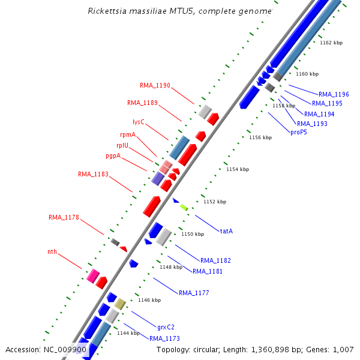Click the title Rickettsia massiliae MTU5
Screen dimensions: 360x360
179,11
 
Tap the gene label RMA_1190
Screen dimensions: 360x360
155,85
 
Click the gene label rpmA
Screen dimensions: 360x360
128,134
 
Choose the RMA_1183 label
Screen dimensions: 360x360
93,174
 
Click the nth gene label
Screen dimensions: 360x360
52,252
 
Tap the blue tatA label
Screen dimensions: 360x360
226,230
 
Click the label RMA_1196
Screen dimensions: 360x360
334,94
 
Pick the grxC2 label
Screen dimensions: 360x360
166,327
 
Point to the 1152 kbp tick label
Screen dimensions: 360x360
215,202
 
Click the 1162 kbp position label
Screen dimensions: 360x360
331,43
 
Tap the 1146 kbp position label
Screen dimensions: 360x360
149,300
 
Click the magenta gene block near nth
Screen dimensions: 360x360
93,276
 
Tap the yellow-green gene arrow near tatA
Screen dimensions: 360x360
184,207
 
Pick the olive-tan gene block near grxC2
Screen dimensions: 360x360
120,304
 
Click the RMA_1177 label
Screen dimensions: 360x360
194,293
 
